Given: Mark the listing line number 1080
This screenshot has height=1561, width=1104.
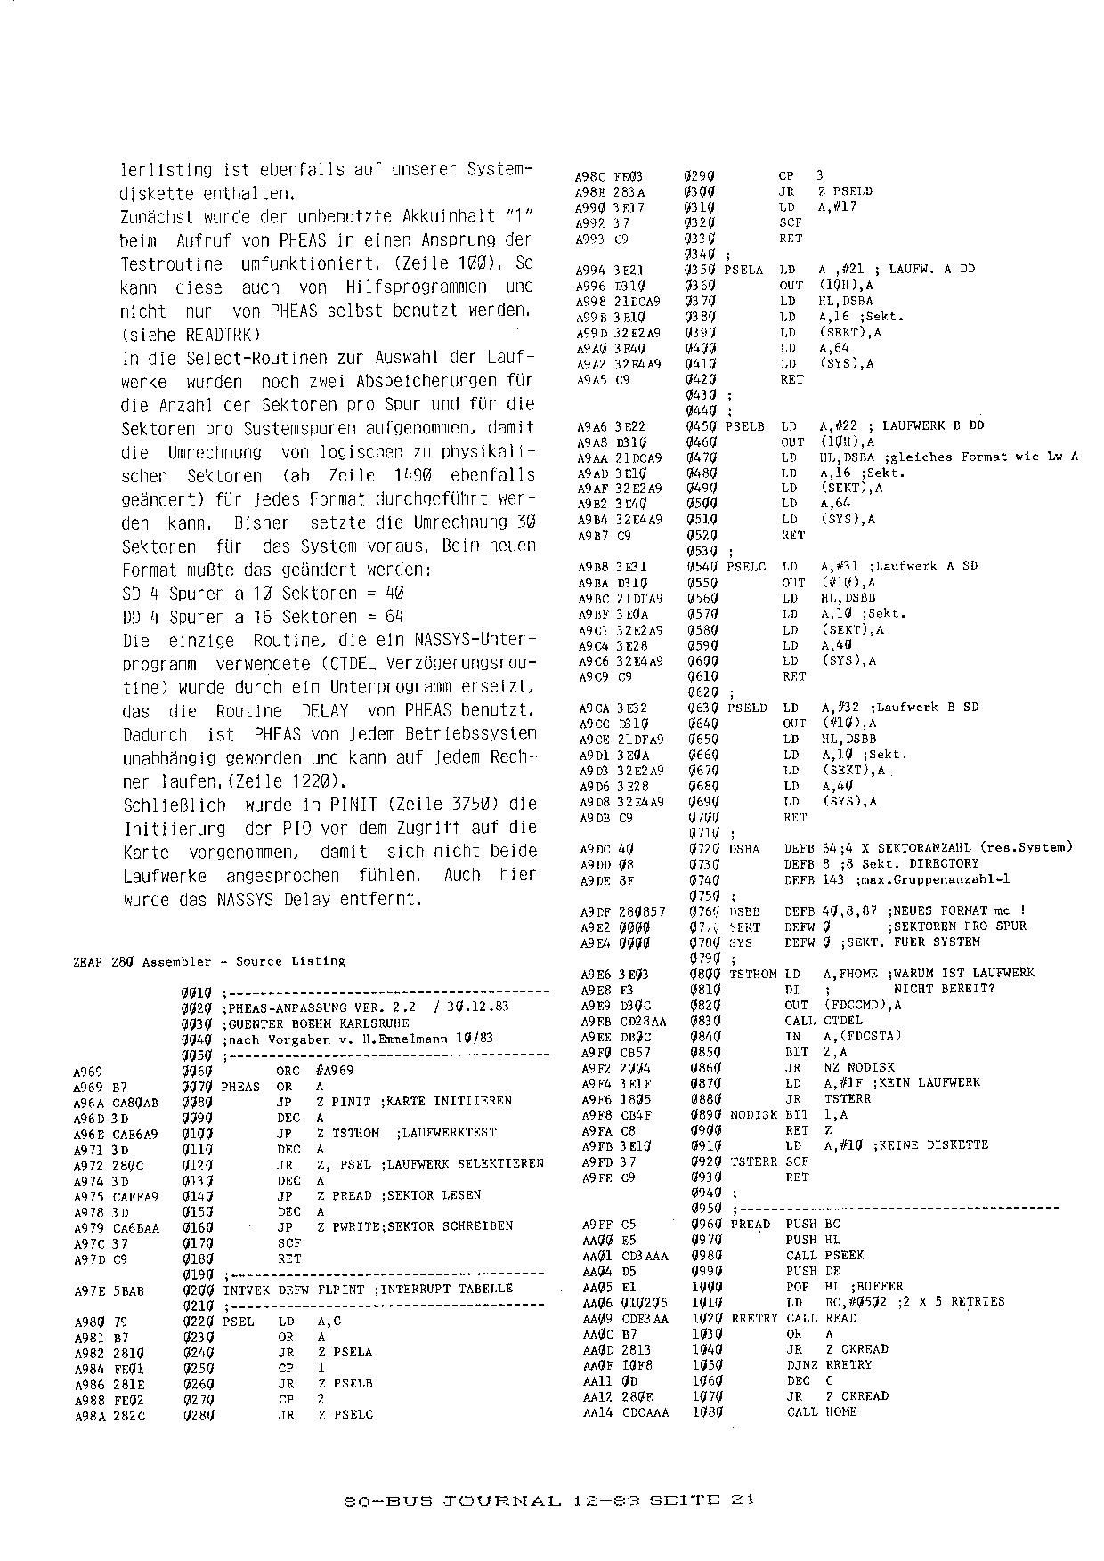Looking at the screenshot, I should point(705,1411).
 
